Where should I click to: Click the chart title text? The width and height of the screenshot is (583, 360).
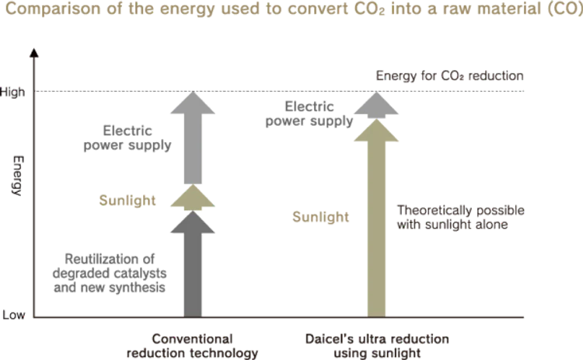coord(291,12)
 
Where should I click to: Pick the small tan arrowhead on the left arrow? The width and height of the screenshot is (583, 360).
coord(192,199)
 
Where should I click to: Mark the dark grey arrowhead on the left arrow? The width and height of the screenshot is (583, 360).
coord(192,225)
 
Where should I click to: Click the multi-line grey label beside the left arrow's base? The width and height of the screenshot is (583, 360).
coord(109,274)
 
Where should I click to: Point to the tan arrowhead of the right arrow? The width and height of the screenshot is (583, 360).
coord(378,135)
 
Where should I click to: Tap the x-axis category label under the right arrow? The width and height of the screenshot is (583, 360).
coord(378,342)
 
